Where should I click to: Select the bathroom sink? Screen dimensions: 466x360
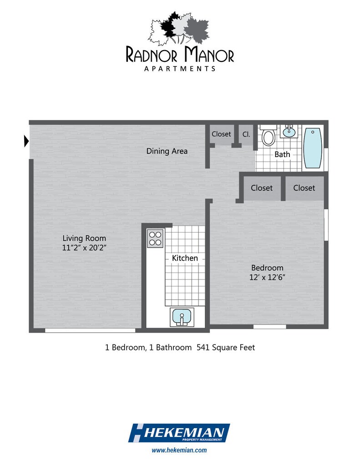click(288, 132)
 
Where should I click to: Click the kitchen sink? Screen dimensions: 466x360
click(182, 317)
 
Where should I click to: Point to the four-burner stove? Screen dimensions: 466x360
click(155, 238)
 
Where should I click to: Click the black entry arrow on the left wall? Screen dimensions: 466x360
click(26, 142)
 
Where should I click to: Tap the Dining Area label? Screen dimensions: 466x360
click(167, 151)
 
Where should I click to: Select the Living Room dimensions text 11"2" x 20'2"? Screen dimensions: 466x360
click(84, 248)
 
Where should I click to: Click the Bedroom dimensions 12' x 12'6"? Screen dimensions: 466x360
click(268, 277)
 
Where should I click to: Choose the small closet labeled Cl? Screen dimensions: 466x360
click(246, 134)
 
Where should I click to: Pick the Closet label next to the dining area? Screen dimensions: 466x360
click(221, 134)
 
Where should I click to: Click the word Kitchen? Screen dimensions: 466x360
click(185, 258)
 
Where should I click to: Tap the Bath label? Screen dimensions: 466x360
click(282, 154)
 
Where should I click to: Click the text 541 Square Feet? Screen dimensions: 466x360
click(225, 348)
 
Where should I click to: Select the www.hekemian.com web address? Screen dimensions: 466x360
click(179, 450)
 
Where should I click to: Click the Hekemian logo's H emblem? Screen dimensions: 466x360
click(138, 433)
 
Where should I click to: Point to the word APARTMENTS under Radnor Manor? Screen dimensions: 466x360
click(180, 69)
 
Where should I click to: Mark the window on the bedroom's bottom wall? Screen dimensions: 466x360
click(269, 326)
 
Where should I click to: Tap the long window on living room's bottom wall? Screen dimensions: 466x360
click(90, 330)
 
